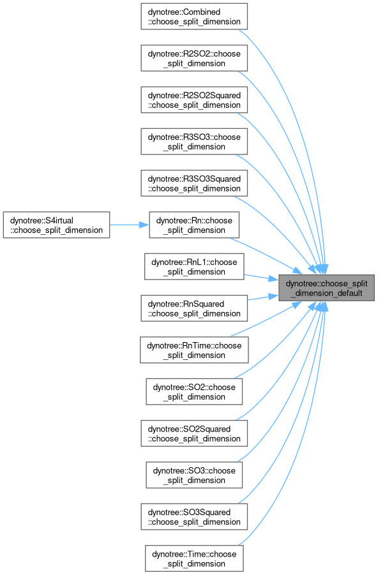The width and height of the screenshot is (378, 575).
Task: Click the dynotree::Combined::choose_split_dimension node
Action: click(194, 17)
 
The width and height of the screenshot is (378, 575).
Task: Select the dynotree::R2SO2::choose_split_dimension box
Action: click(194, 58)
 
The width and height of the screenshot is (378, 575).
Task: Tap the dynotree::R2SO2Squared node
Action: click(194, 100)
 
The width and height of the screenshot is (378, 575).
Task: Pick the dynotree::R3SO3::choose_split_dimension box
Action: click(194, 142)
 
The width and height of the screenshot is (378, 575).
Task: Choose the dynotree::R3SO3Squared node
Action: click(194, 183)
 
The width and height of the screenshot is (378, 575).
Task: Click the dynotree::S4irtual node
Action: click(57, 225)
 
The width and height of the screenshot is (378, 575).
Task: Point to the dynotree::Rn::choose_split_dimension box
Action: click(194, 225)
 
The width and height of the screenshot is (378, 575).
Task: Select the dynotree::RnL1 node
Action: click(194, 267)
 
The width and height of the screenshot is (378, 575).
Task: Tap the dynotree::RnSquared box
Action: click(194, 308)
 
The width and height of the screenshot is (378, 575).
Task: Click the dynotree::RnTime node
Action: click(194, 350)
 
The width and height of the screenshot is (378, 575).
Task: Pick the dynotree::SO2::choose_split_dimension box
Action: click(194, 392)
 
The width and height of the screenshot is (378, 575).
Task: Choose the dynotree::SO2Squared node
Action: click(194, 433)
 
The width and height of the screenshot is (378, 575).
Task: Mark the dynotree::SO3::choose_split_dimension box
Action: click(194, 475)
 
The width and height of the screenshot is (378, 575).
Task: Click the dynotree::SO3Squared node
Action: click(194, 517)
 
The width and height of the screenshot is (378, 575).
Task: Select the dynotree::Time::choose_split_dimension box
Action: click(194, 558)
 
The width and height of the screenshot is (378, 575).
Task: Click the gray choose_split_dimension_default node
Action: click(327, 288)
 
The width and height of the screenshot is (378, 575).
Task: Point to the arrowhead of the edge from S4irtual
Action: click(144, 225)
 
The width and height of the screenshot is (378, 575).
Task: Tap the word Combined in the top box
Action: click(202, 12)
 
